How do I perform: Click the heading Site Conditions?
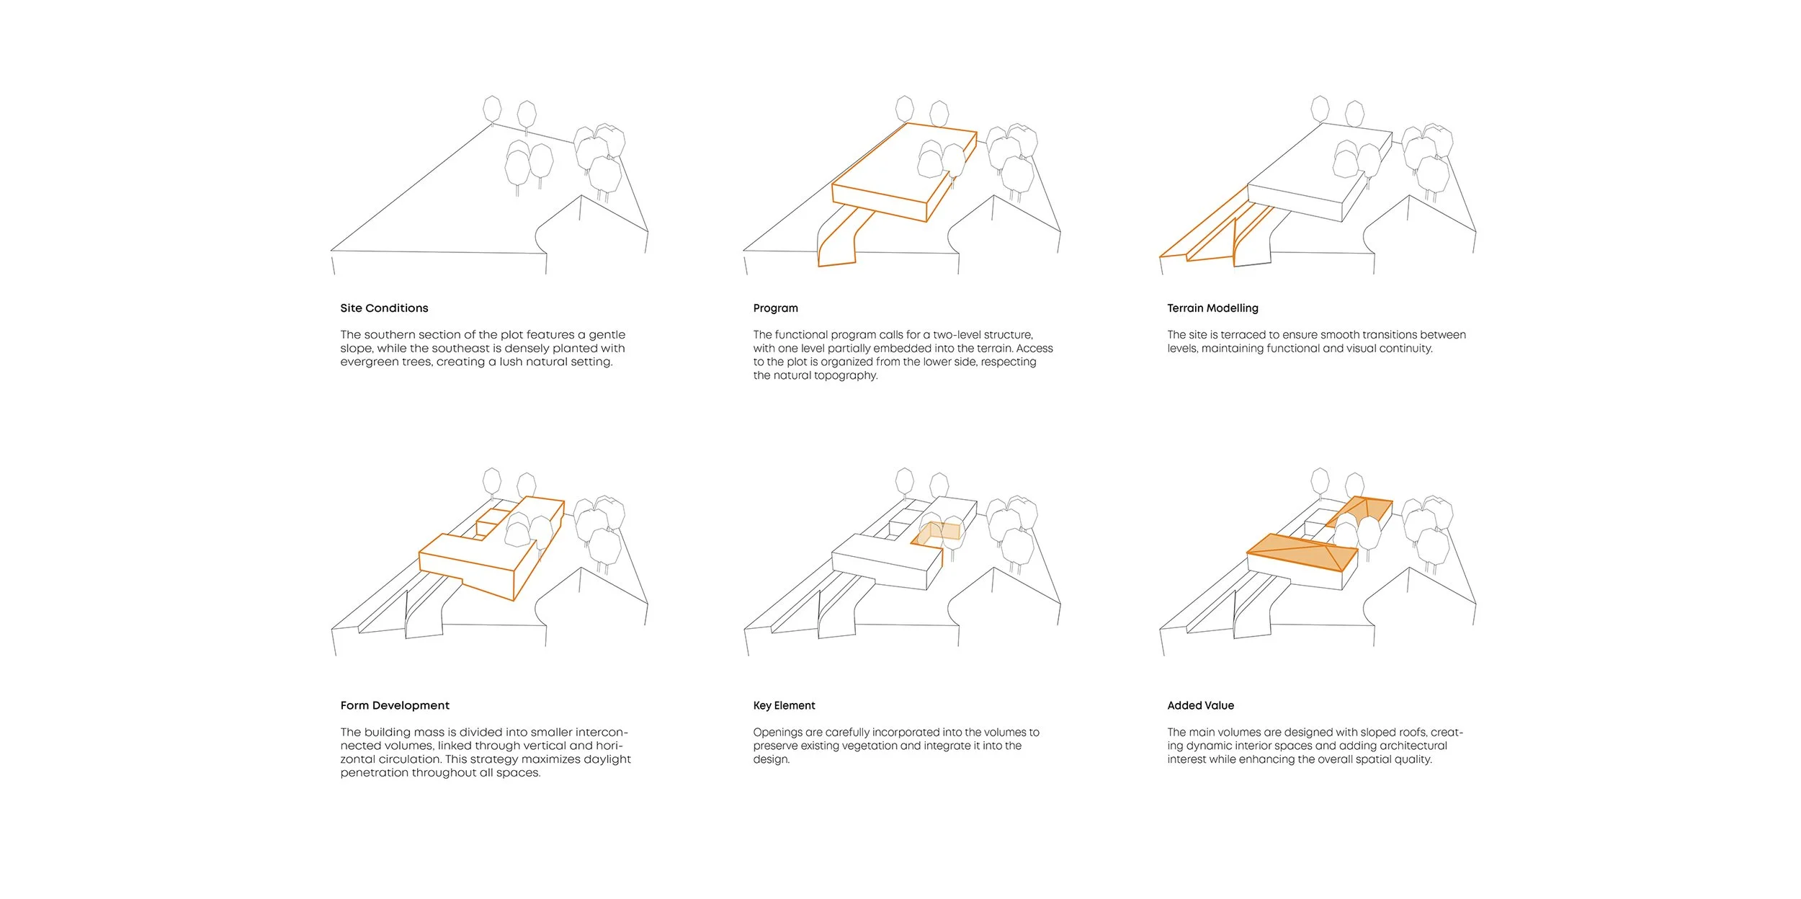point(384,308)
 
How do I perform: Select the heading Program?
point(776,308)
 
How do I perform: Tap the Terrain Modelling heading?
point(1212,308)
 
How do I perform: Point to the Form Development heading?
point(395,706)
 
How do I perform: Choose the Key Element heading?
point(784,706)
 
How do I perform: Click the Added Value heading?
point(1200,706)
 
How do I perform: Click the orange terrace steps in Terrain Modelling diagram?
point(1210,227)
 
